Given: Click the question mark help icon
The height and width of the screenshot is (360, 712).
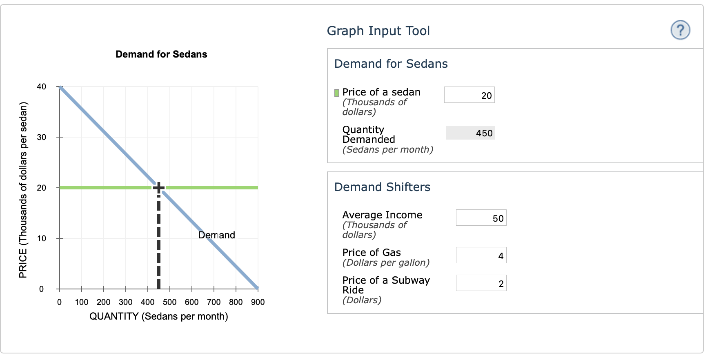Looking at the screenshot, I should pyautogui.click(x=680, y=30).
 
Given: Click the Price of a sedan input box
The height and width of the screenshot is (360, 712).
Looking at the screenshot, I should pyautogui.click(x=469, y=95).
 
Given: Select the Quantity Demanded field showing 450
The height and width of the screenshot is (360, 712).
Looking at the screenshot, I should pyautogui.click(x=470, y=133).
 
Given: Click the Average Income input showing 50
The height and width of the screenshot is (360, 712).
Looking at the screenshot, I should pyautogui.click(x=481, y=218).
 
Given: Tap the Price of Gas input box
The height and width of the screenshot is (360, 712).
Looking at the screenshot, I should pyautogui.click(x=481, y=256).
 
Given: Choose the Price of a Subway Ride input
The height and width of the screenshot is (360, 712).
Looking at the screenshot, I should pyautogui.click(x=481, y=283).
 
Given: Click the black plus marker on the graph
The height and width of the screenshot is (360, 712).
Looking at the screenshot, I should pyautogui.click(x=158, y=188).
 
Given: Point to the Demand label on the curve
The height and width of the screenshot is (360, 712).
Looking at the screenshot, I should pyautogui.click(x=216, y=235).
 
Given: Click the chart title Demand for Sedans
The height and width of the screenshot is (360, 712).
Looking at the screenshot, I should pyautogui.click(x=161, y=54).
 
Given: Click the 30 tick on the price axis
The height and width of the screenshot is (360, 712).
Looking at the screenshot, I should pyautogui.click(x=42, y=137).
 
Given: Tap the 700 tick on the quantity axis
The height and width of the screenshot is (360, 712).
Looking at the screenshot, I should pyautogui.click(x=214, y=302).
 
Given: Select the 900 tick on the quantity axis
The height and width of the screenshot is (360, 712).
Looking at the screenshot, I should pyautogui.click(x=258, y=302).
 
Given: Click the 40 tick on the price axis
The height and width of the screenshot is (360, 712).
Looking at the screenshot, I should pyautogui.click(x=42, y=87).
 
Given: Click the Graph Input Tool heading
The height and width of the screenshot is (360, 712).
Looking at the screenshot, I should pyautogui.click(x=378, y=31).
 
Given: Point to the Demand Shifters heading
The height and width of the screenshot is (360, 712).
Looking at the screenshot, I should pyautogui.click(x=382, y=187).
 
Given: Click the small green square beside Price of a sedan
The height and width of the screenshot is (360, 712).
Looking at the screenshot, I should pyautogui.click(x=337, y=93).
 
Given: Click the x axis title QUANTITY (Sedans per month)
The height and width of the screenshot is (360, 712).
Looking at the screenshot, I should pyautogui.click(x=158, y=316).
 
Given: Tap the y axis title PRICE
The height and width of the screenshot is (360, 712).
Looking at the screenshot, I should pyautogui.click(x=23, y=190).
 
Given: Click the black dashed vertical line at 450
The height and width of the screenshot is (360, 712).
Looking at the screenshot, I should pyautogui.click(x=158, y=245).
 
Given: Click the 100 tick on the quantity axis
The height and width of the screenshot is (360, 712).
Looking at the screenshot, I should pyautogui.click(x=82, y=302).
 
